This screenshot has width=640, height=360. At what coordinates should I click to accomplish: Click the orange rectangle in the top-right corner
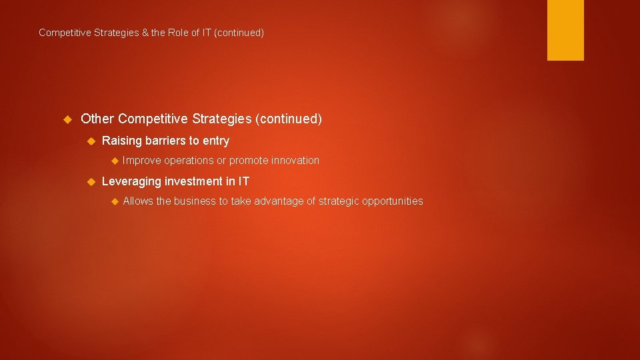565,30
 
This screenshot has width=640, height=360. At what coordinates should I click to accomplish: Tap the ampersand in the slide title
145,33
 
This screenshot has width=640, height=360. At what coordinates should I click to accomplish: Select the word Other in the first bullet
97,119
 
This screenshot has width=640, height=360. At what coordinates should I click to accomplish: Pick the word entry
215,141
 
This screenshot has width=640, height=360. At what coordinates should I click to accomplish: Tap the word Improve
141,161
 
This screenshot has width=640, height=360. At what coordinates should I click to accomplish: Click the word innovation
294,161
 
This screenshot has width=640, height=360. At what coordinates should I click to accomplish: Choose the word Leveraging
131,181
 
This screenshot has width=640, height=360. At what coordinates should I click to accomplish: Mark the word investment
195,181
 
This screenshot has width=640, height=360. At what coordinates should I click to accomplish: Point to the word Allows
138,201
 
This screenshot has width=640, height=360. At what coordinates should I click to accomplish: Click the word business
195,201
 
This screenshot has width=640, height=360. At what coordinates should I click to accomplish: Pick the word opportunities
393,201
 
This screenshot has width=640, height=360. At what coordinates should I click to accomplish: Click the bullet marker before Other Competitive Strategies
67,119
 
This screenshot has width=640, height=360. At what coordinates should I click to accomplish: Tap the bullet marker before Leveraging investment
92,181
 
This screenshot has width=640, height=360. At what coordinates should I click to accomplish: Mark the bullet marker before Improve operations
113,161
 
